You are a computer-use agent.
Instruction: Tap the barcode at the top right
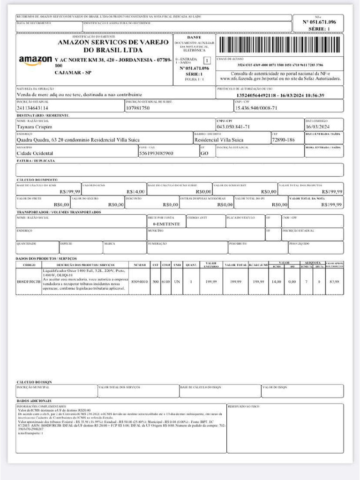(x=279, y=45)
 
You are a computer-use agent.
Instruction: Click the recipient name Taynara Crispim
(x=34, y=127)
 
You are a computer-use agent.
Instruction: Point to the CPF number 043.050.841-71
(x=233, y=127)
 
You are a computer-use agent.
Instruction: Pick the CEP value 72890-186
(x=284, y=140)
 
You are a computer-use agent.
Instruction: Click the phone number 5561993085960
(x=156, y=153)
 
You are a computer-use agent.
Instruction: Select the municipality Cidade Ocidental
(x=35, y=153)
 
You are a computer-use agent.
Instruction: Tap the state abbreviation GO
(x=204, y=153)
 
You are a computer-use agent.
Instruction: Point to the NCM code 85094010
(x=140, y=281)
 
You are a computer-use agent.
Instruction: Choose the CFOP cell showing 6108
(x=166, y=281)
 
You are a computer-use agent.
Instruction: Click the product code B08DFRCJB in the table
(x=29, y=281)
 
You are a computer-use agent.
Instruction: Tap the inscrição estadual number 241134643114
(x=32, y=108)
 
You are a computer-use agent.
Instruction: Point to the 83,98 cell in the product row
(x=334, y=281)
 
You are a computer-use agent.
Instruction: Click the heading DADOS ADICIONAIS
(x=34, y=401)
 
